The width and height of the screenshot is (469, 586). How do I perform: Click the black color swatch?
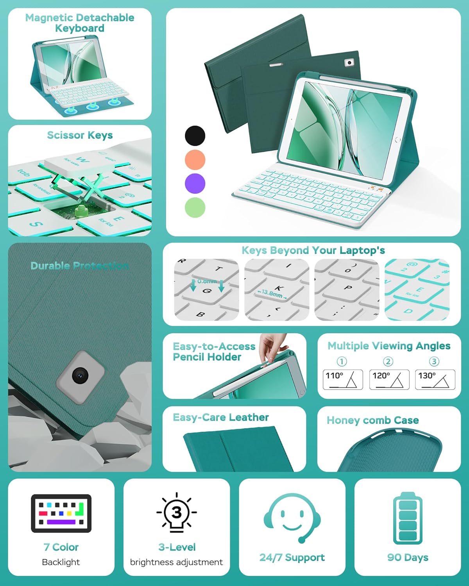[195, 136]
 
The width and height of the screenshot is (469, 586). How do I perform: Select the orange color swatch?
[195, 160]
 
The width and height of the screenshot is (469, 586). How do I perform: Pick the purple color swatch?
[195, 184]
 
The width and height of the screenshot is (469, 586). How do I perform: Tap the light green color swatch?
[195, 207]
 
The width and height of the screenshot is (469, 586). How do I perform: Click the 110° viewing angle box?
[343, 379]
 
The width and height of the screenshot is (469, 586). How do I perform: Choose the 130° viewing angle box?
[435, 379]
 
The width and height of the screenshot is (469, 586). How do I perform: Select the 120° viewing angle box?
[389, 379]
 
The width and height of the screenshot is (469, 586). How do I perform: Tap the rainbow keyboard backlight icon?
[61, 513]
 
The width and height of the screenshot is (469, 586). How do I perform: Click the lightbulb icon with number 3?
[177, 513]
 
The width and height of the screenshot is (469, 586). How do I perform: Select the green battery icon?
[408, 518]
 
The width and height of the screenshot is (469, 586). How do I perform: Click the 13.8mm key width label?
[272, 293]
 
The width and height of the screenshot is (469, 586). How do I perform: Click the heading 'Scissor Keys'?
[80, 135]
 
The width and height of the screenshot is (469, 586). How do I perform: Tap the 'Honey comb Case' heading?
[372, 420]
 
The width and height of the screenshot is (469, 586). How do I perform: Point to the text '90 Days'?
[408, 557]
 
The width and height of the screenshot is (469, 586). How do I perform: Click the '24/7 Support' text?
[292, 557]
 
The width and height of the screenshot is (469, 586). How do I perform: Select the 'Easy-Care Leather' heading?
[221, 418]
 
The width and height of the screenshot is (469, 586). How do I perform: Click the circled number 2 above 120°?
[388, 361]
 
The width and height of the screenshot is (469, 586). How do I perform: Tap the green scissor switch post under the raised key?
[82, 211]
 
